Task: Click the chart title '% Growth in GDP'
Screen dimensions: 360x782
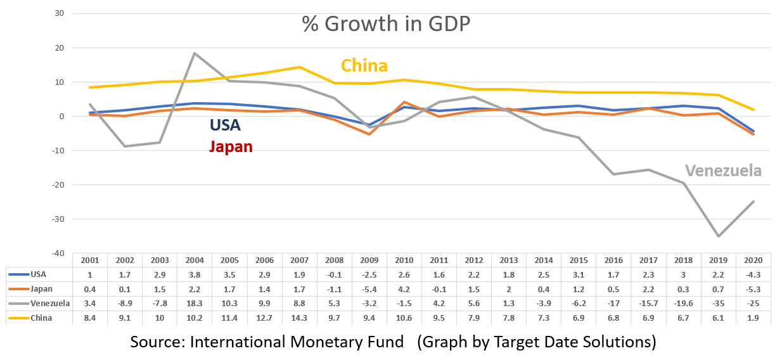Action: [386, 25]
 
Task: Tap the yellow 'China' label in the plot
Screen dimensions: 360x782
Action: [364, 66]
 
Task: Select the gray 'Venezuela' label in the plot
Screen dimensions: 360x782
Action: [723, 171]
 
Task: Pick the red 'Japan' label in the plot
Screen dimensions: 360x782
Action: [231, 147]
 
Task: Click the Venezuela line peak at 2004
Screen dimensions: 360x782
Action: [195, 53]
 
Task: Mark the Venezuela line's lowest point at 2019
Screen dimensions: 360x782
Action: [719, 236]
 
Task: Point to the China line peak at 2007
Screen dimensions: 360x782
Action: [300, 67]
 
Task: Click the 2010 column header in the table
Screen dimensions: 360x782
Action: [404, 260]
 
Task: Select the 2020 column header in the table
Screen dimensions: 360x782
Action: [753, 260]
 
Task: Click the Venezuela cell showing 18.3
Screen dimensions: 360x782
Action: [195, 303]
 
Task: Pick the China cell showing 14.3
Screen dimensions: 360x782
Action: [300, 318]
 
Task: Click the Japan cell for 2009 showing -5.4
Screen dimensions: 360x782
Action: [369, 289]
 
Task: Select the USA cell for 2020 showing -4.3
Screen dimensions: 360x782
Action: [753, 274]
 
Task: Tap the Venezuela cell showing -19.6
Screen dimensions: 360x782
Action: [684, 303]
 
